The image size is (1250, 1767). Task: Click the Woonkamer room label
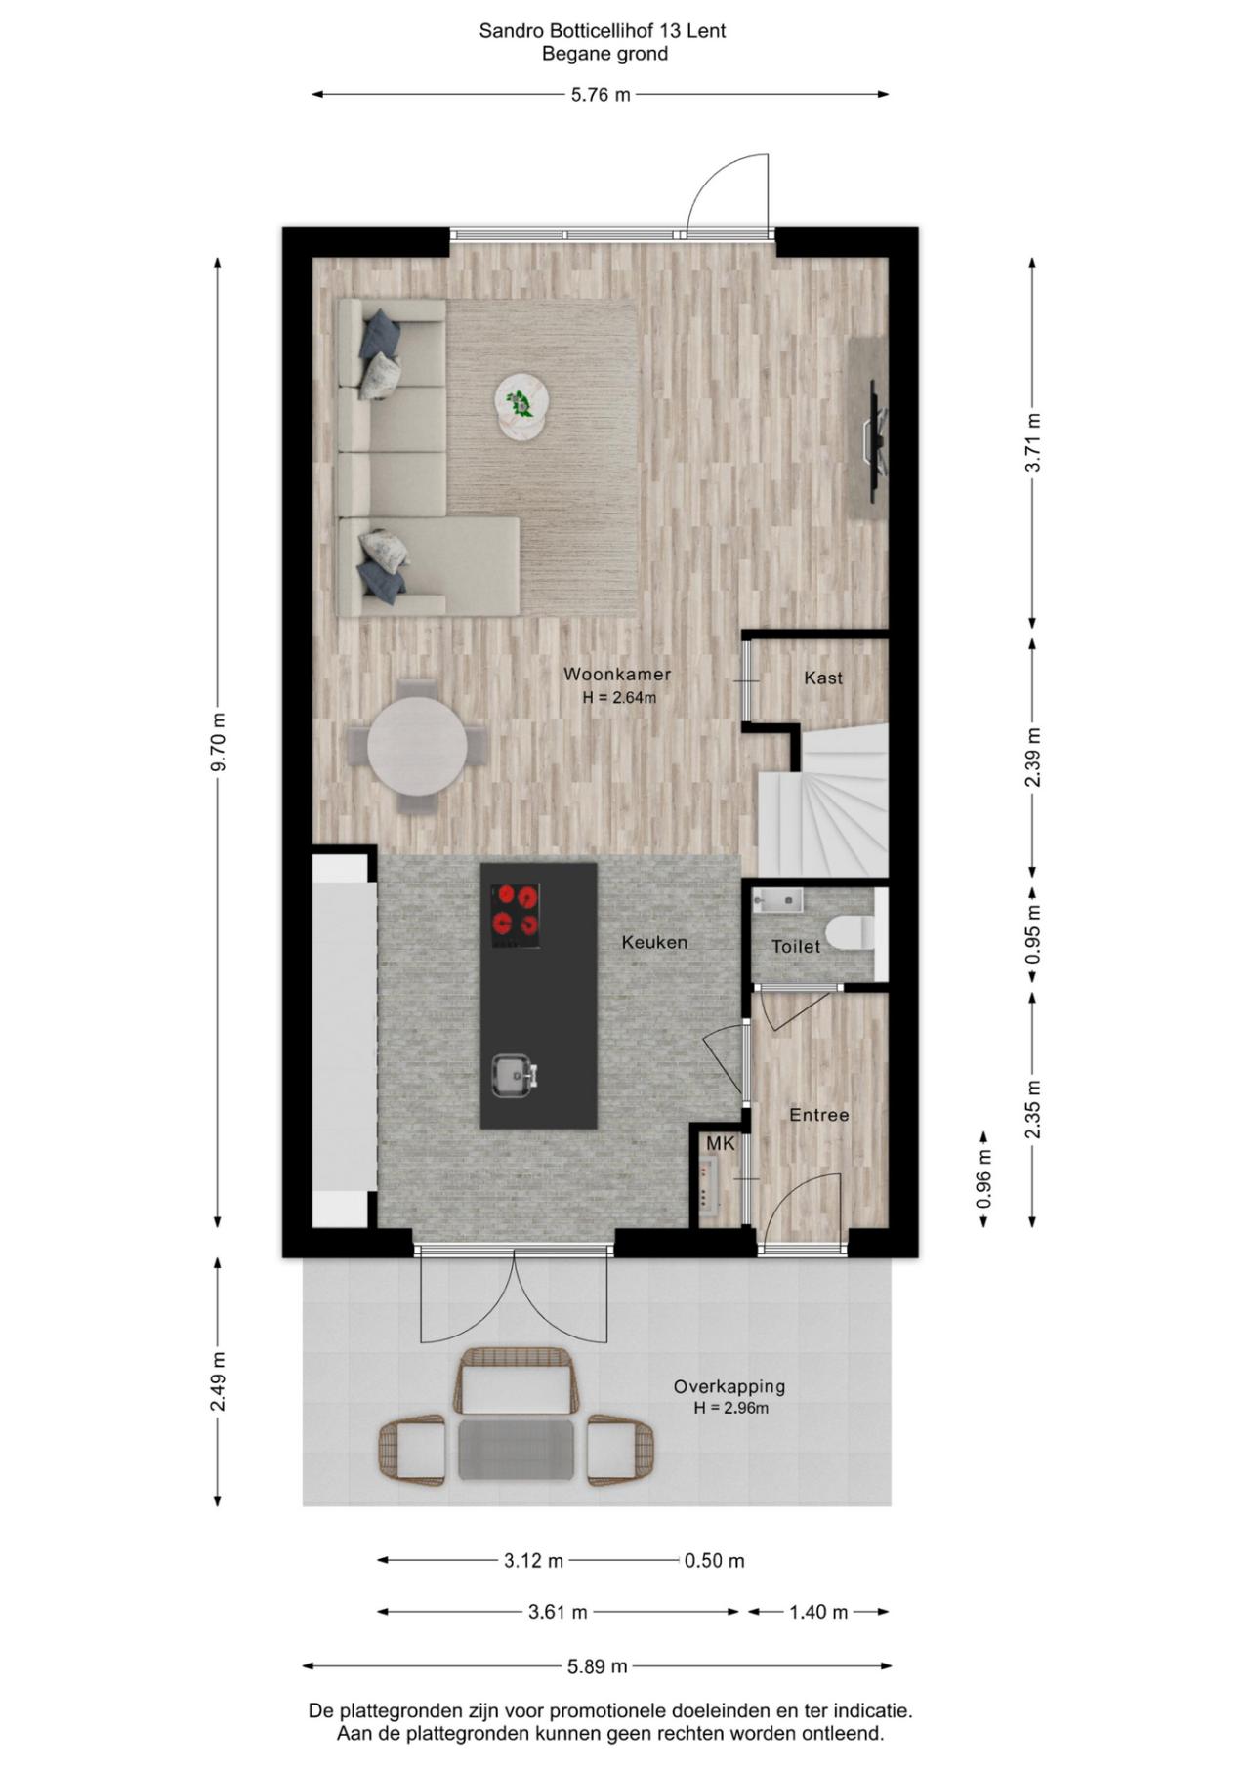click(617, 674)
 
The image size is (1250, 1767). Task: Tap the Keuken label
click(655, 942)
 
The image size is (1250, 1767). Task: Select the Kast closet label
click(823, 678)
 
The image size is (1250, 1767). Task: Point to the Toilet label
click(796, 946)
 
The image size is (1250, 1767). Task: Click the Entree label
click(819, 1115)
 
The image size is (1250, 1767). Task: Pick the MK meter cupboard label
click(720, 1143)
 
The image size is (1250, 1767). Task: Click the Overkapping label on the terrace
click(729, 1386)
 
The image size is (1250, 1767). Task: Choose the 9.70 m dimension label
click(219, 741)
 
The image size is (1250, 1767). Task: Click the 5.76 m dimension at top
click(601, 95)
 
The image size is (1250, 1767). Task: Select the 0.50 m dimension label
click(714, 1561)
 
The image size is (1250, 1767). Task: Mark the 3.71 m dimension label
click(1033, 442)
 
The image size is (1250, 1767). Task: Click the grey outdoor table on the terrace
click(517, 1450)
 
